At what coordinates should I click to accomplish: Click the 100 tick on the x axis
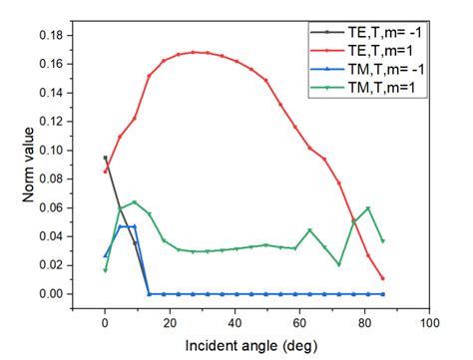click(x=430, y=324)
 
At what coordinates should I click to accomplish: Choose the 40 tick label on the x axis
click(x=235, y=324)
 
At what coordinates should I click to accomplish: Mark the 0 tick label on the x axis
click(x=105, y=324)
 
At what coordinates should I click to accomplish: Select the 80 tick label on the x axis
click(x=365, y=324)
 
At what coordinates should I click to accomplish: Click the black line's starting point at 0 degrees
click(x=105, y=158)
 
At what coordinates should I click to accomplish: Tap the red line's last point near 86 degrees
click(x=383, y=278)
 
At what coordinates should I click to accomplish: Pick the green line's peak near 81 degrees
click(x=368, y=208)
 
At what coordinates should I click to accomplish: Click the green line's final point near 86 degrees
click(x=383, y=241)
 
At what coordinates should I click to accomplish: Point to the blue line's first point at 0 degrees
click(x=105, y=256)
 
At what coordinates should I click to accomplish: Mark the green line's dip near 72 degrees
click(x=339, y=264)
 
